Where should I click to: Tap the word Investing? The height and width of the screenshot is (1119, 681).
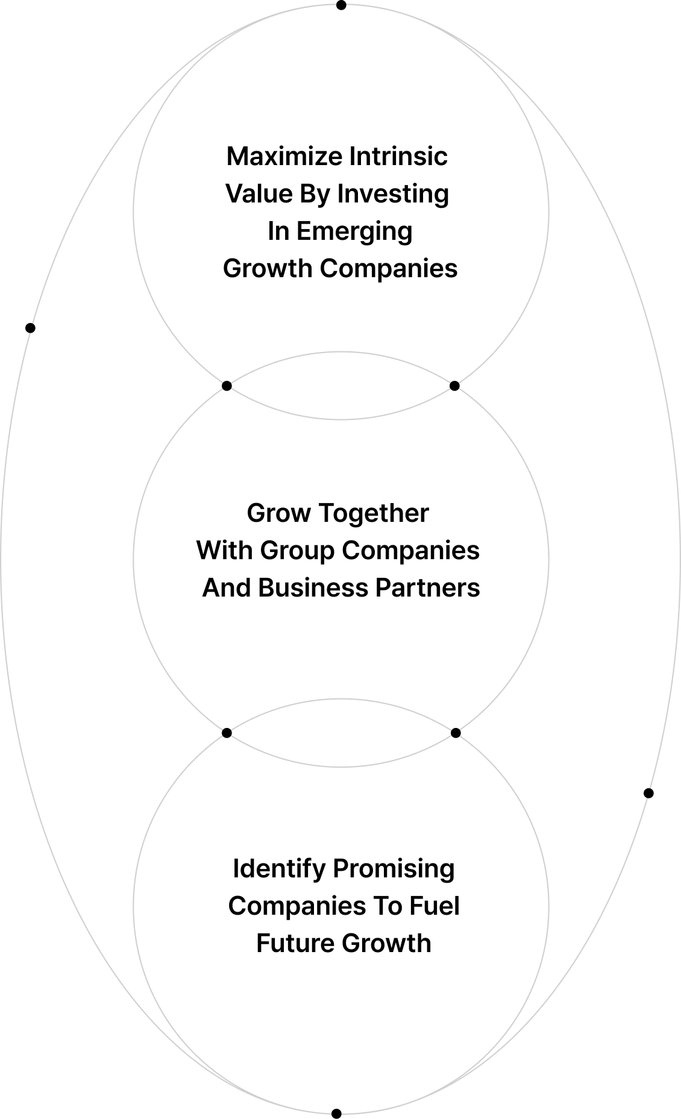393,194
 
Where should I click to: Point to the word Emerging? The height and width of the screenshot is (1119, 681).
354,232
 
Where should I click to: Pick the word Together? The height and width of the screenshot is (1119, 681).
374,514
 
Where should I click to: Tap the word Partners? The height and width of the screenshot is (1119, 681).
428,588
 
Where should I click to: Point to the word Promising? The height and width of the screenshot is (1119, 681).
394,870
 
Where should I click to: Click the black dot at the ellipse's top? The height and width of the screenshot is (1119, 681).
341,5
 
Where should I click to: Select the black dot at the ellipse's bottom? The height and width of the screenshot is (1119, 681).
337,1114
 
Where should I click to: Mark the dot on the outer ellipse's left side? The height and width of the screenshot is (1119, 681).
30,328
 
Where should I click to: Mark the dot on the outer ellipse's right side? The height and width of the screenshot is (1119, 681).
648,793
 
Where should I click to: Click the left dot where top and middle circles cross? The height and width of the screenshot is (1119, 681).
227,386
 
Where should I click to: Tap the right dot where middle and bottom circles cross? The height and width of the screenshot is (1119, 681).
456,733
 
